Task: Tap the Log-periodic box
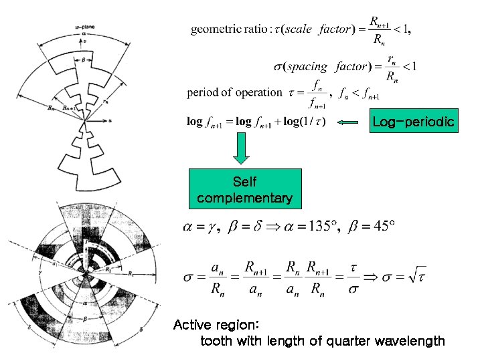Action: point(413,122)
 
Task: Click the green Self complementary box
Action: point(244,190)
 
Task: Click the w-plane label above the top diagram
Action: point(84,27)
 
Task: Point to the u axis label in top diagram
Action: point(109,121)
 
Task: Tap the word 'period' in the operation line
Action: point(203,93)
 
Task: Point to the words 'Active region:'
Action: point(216,326)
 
